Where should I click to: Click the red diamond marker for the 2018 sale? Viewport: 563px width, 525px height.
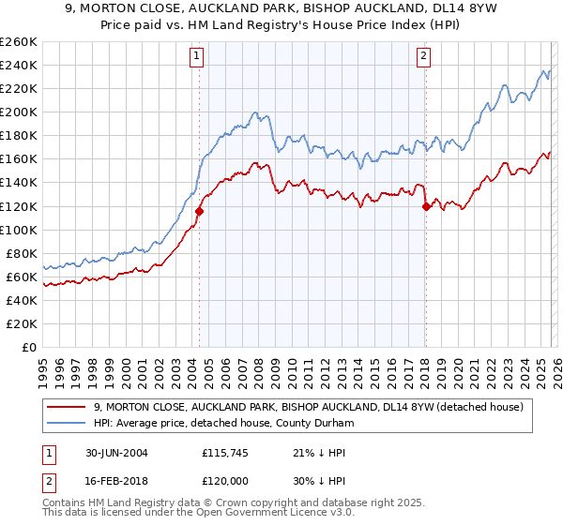[426, 206]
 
